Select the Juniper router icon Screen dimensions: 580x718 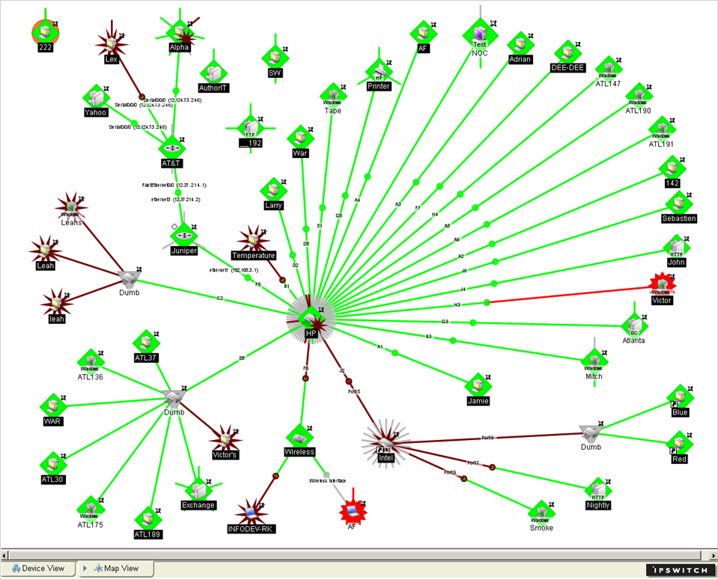click(x=183, y=235)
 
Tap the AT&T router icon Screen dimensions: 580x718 click(x=172, y=146)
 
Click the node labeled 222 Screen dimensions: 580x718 click(x=45, y=31)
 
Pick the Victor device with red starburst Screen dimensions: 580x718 click(x=661, y=285)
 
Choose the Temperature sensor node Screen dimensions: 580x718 click(x=253, y=239)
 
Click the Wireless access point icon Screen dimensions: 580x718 click(x=299, y=437)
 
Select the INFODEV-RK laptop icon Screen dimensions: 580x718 click(x=251, y=513)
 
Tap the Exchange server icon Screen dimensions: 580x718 click(x=198, y=490)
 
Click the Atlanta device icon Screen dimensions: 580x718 click(x=633, y=325)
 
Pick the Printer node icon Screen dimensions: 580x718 click(x=379, y=72)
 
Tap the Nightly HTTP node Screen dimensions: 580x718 click(x=598, y=490)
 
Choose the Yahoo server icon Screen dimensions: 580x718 click(x=95, y=97)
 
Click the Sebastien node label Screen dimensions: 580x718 click(x=679, y=218)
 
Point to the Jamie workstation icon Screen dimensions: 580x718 click(x=477, y=385)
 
